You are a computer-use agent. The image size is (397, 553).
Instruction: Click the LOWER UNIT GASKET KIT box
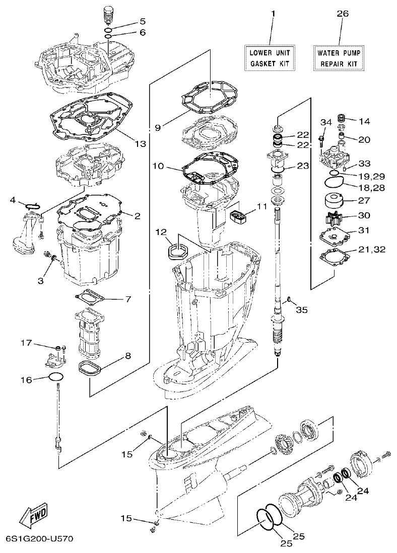pyautogui.click(x=270, y=57)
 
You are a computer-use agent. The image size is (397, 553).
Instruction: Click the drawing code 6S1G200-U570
pyautogui.click(x=39, y=539)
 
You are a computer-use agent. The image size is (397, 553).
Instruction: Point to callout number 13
pyautogui.click(x=140, y=144)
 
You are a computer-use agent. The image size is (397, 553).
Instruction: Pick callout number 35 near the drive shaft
pyautogui.click(x=301, y=310)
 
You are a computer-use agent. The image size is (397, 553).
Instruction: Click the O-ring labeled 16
pyautogui.click(x=56, y=378)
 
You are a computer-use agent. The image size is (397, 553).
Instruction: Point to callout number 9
pyautogui.click(x=158, y=128)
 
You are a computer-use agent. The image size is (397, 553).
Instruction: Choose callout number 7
pyautogui.click(x=128, y=299)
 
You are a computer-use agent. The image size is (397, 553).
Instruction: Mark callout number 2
pyautogui.click(x=137, y=216)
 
